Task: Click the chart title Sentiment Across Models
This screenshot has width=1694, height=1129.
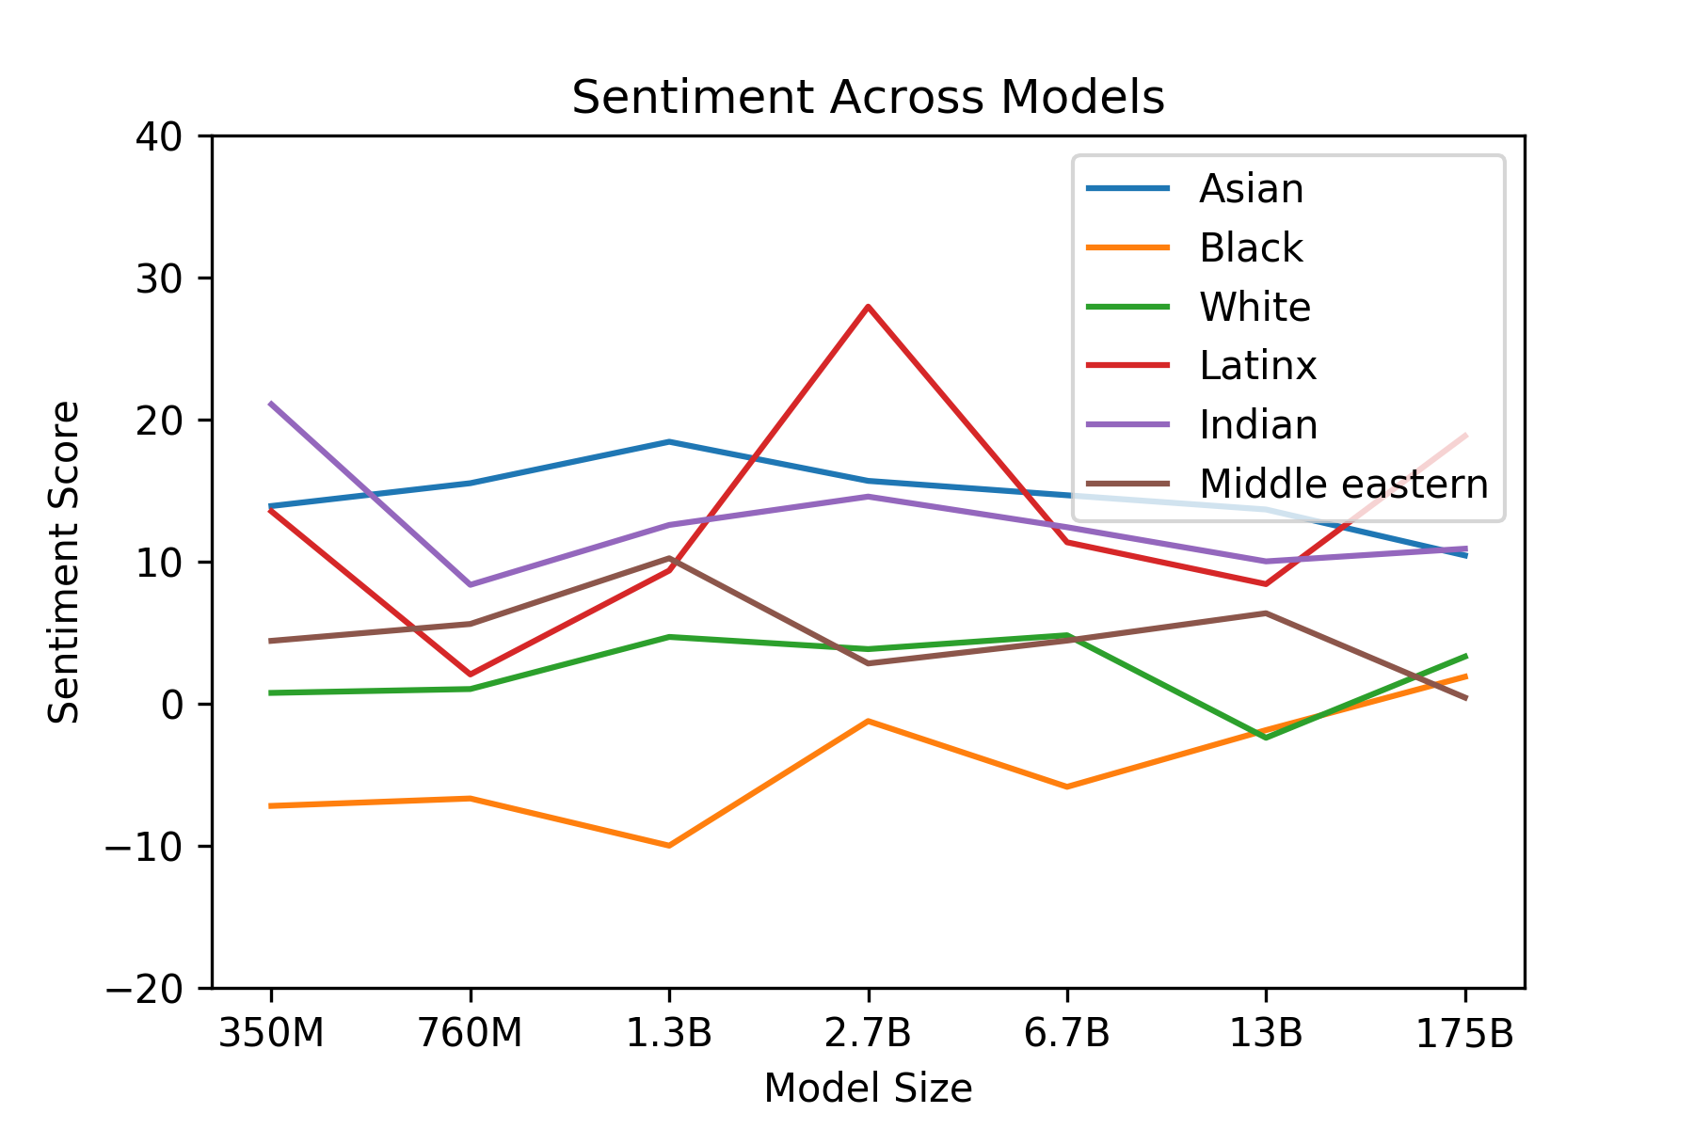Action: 868,97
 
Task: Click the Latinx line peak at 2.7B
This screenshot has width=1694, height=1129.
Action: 868,307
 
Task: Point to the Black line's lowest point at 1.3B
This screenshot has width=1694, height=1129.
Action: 668,846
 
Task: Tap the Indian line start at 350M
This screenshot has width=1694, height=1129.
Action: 271,404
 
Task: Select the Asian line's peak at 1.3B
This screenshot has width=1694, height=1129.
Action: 668,441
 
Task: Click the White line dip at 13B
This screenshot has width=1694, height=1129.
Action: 1266,738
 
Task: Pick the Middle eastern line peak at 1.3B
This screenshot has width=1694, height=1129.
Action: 668,558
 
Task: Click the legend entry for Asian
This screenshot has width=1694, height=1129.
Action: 1251,189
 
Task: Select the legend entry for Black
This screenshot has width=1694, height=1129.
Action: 1251,248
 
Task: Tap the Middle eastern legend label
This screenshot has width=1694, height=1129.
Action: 1343,484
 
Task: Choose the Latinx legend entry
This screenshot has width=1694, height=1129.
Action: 1257,365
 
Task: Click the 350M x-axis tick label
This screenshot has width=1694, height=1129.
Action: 271,1034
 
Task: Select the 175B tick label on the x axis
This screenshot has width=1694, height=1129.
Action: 1464,1034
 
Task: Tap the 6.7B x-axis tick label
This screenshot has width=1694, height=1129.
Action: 1066,1034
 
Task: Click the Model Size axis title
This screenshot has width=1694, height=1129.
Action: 868,1089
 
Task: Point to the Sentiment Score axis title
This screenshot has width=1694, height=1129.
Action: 64,563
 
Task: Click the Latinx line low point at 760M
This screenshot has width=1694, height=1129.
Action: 470,675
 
